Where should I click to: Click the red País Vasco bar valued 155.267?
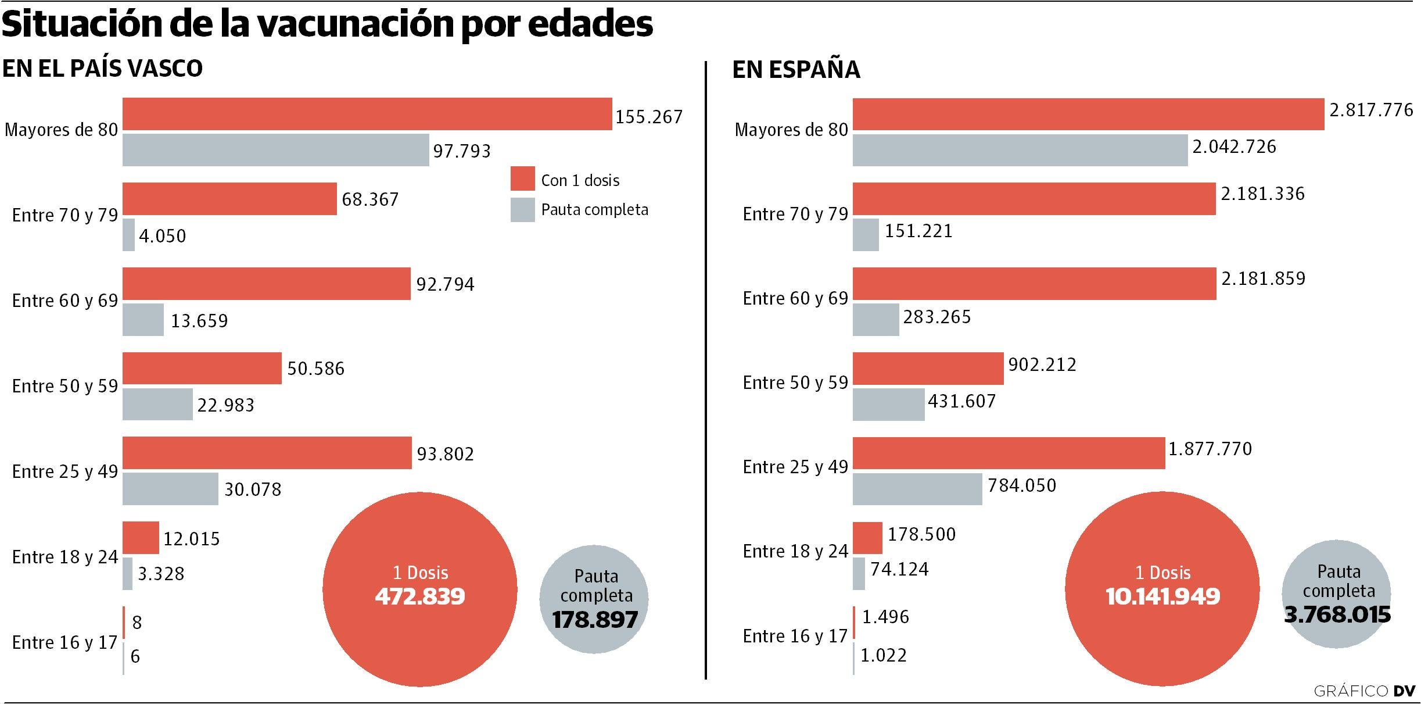[x=367, y=114]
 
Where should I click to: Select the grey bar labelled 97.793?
[x=275, y=150]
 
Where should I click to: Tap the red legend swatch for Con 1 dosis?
[x=522, y=178]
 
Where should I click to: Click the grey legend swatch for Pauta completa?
[x=522, y=210]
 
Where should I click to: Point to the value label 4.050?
[x=163, y=236]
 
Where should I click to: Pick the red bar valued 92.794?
[x=266, y=284]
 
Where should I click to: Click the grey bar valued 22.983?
[x=157, y=404]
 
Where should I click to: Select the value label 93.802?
[x=446, y=454]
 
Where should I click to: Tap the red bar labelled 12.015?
[x=141, y=538]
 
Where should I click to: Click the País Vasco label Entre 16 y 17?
[x=65, y=642]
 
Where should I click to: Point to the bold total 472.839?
[x=420, y=597]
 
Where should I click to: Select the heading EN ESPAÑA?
[x=796, y=70]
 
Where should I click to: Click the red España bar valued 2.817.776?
[x=1088, y=115]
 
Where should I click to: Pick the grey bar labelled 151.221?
[x=866, y=235]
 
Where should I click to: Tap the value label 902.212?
[x=1042, y=364]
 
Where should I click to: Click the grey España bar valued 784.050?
[x=917, y=489]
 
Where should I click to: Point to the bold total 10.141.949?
[x=1162, y=597]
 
